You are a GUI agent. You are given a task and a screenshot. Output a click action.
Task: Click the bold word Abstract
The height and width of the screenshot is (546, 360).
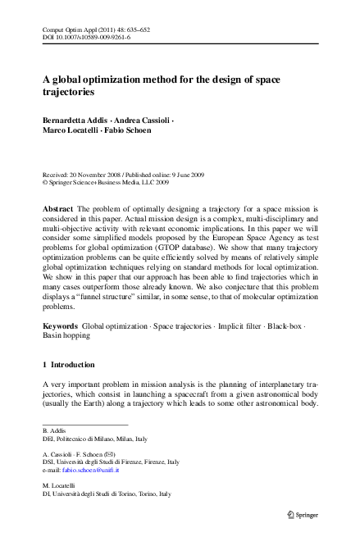[58, 211]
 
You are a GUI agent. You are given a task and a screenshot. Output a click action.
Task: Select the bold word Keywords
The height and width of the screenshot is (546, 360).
[60, 349]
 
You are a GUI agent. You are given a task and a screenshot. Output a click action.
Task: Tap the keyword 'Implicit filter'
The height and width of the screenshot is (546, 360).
[233, 349]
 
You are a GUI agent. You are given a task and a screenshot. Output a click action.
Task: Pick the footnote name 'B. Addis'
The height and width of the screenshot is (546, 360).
[53, 431]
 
